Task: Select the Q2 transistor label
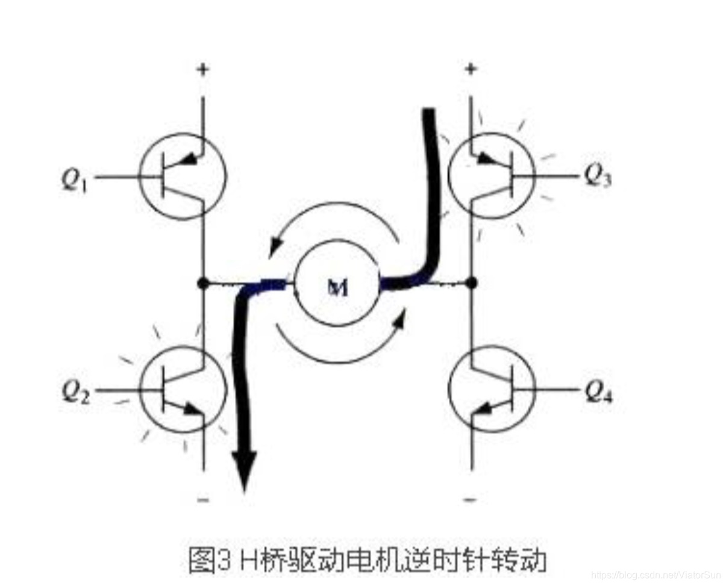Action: [75, 392]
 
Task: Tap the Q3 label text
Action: [597, 176]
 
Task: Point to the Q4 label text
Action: [598, 393]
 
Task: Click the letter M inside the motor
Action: [338, 289]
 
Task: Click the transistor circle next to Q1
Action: [182, 176]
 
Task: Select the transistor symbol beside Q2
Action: [183, 389]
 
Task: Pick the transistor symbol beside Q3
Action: [492, 175]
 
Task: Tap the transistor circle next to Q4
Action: [492, 389]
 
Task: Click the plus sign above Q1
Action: [203, 70]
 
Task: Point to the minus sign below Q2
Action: [203, 499]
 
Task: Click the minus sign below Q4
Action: [471, 499]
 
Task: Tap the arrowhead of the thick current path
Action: [244, 473]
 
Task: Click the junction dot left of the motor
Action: [203, 282]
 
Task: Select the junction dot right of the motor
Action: [471, 282]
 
